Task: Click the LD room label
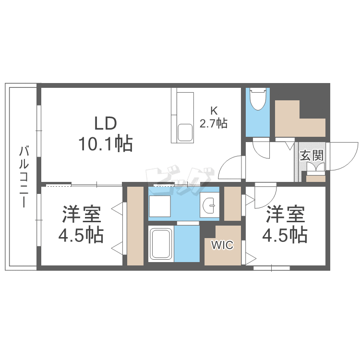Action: (x=106, y=123)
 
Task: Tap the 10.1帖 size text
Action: (x=106, y=144)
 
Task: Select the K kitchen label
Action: (x=214, y=111)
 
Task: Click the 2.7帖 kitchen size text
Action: (x=214, y=123)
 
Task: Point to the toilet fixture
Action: (x=258, y=99)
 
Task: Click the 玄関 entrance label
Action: (x=312, y=155)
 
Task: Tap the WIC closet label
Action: (x=222, y=245)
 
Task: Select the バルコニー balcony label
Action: (x=24, y=177)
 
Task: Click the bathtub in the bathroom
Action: (x=161, y=244)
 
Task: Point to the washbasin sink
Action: (x=209, y=205)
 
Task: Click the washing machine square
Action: (x=160, y=206)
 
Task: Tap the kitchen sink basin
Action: (x=185, y=133)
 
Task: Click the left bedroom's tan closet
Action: (x=135, y=226)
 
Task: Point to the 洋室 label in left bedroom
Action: (x=82, y=215)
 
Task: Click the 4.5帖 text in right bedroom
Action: (x=285, y=235)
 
